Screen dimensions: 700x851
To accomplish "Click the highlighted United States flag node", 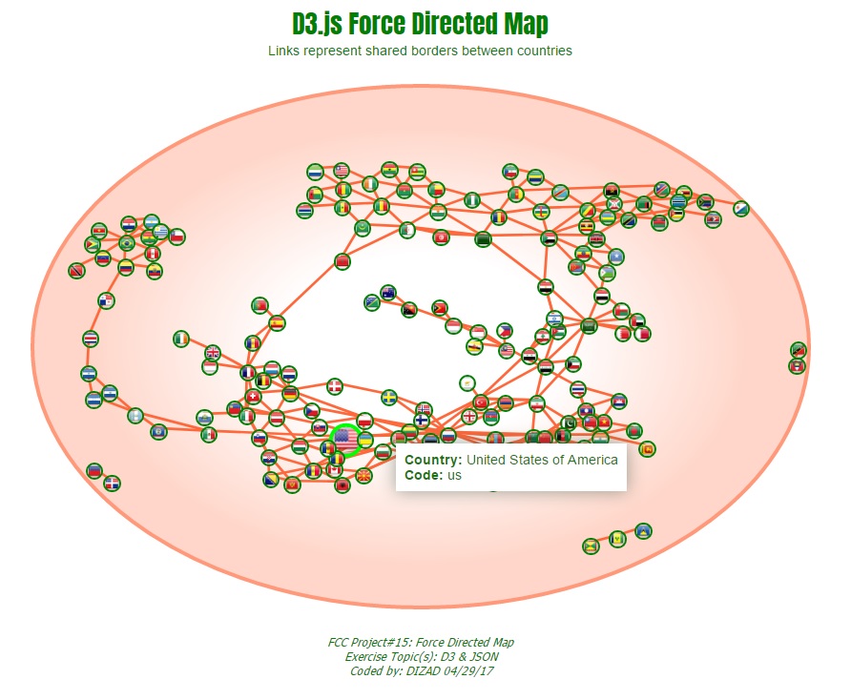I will pyautogui.click(x=344, y=439).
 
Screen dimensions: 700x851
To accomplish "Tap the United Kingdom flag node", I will pyautogui.click(x=212, y=354).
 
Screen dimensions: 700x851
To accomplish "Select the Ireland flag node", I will pyautogui.click(x=181, y=339).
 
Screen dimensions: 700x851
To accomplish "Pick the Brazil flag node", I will pyautogui.click(x=126, y=243).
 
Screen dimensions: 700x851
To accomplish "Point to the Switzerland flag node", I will pyautogui.click(x=253, y=397).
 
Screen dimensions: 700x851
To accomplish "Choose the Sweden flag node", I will pyautogui.click(x=389, y=397).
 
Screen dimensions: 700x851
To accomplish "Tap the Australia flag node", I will pyautogui.click(x=387, y=293).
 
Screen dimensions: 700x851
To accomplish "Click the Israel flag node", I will pyautogui.click(x=554, y=319).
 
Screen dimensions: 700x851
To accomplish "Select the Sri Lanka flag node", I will pyautogui.click(x=647, y=448).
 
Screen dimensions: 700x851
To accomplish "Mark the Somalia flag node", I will pyautogui.click(x=615, y=257).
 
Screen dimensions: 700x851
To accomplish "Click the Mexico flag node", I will pyautogui.click(x=209, y=434).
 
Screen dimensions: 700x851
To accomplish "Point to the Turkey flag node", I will pyautogui.click(x=481, y=401).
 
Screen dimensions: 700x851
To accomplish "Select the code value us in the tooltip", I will pyautogui.click(x=454, y=475).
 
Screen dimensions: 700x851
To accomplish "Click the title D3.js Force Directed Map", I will pyautogui.click(x=420, y=23).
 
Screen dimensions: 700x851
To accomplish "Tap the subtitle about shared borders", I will pyautogui.click(x=420, y=51).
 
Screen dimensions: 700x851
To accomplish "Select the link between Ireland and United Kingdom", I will pyautogui.click(x=197, y=346).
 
